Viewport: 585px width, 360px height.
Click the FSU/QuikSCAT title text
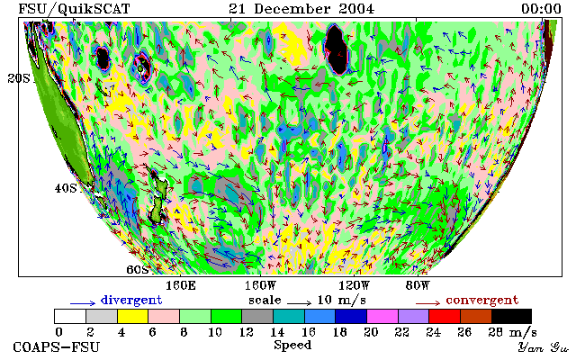[74, 9]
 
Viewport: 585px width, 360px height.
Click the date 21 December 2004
[301, 8]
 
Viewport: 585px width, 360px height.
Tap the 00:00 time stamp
[541, 8]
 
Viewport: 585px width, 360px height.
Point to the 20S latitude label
[19, 78]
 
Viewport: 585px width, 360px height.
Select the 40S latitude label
[66, 188]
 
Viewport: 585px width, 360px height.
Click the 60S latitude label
[138, 269]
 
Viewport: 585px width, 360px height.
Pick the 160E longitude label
[181, 286]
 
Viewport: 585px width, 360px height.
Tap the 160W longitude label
[260, 286]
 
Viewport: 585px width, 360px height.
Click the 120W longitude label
[354, 286]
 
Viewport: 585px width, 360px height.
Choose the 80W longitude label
[418, 286]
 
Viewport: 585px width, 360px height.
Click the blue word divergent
[131, 300]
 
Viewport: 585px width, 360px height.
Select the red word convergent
[482, 300]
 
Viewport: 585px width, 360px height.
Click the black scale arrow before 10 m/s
[299, 303]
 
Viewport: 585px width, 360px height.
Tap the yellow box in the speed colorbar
[132, 316]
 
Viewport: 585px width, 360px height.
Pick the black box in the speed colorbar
[511, 316]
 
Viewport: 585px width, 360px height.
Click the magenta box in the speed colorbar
[382, 316]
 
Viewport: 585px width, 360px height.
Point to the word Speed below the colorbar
[292, 345]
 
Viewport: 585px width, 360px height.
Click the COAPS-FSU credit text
[57, 346]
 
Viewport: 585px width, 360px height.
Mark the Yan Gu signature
[544, 347]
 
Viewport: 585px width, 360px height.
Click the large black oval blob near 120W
[336, 49]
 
